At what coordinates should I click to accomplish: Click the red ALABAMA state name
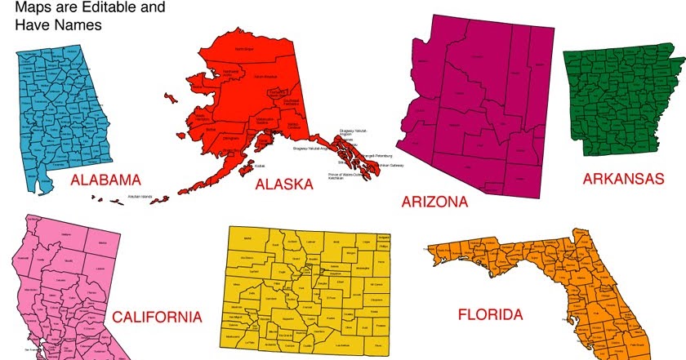click(x=105, y=180)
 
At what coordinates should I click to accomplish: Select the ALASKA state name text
click(x=283, y=184)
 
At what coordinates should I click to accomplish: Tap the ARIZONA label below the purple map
click(x=434, y=201)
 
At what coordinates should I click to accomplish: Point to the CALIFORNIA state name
click(x=156, y=316)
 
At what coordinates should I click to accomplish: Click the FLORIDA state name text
click(x=491, y=314)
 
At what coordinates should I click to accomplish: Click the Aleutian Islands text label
click(x=140, y=197)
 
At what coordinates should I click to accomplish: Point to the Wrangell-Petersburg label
click(x=377, y=154)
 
